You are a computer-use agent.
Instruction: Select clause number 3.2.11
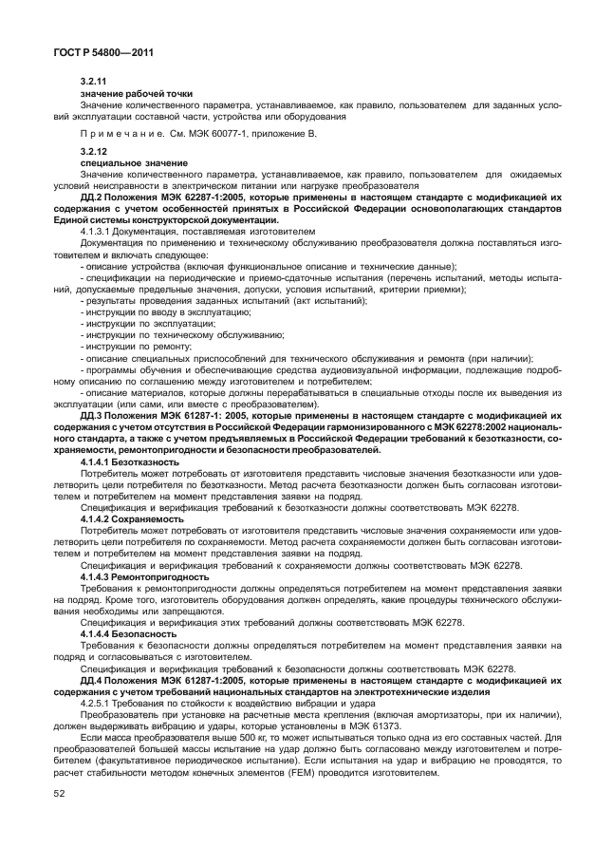coord(94,84)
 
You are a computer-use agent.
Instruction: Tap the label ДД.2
coord(94,197)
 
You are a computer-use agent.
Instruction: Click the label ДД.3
coord(94,416)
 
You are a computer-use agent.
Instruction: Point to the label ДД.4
coord(94,681)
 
